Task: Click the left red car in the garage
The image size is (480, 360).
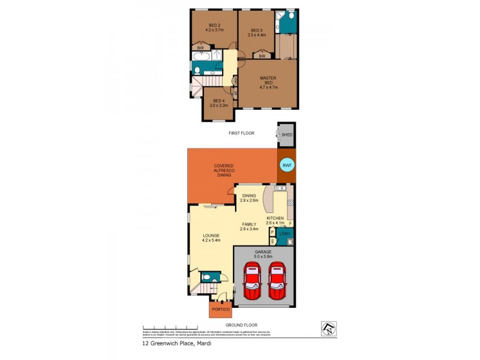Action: point(252,281)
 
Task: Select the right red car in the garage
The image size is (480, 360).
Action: point(277,281)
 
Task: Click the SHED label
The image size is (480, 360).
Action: point(287,135)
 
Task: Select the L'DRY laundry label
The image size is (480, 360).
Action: point(285,233)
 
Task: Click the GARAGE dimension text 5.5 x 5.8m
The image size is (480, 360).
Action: point(263,256)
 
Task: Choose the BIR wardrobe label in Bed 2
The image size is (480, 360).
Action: point(200,47)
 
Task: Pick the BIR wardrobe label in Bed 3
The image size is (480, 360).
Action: point(262,56)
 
